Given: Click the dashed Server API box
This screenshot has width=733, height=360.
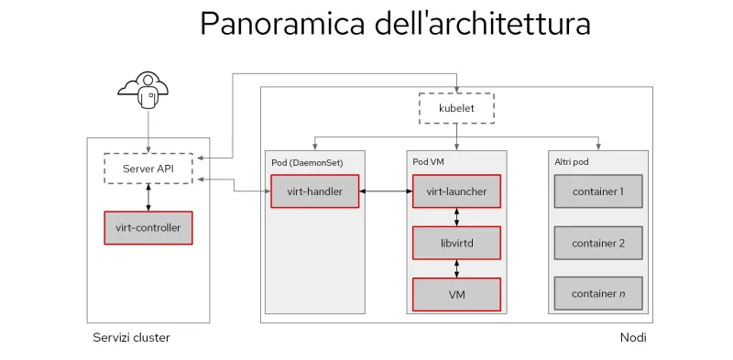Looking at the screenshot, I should tap(148, 169).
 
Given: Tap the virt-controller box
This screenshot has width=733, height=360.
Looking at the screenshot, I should tap(148, 227).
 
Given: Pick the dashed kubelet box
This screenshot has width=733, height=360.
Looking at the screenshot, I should tap(456, 108).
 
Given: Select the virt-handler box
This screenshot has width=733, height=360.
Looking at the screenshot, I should tap(314, 191).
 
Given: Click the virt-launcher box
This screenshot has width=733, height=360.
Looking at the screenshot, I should tap(456, 191).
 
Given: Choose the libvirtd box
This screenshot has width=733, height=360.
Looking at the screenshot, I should tap(456, 243).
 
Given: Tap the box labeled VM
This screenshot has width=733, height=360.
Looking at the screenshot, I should tap(456, 294).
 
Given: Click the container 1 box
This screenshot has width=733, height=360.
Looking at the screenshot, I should tap(597, 191).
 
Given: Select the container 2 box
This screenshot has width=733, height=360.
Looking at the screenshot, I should tap(597, 243).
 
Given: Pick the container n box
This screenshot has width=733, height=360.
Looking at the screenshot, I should tap(597, 294).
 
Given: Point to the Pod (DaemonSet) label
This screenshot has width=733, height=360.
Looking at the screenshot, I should tap(307, 162).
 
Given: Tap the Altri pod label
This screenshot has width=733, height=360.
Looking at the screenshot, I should tap(571, 162).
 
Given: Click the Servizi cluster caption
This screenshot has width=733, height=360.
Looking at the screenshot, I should tap(131, 338).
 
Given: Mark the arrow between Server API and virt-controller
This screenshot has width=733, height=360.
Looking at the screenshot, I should tap(148, 197).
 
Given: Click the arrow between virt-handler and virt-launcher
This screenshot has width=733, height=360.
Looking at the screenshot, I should tap(385, 191).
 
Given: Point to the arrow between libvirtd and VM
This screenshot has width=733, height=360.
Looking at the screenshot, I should tap(456, 268).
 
